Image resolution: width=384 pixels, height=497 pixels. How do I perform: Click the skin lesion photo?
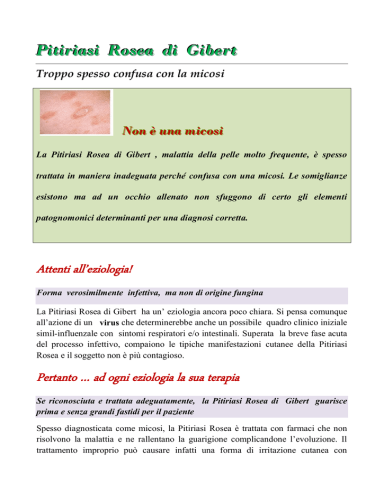tap(76, 112)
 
